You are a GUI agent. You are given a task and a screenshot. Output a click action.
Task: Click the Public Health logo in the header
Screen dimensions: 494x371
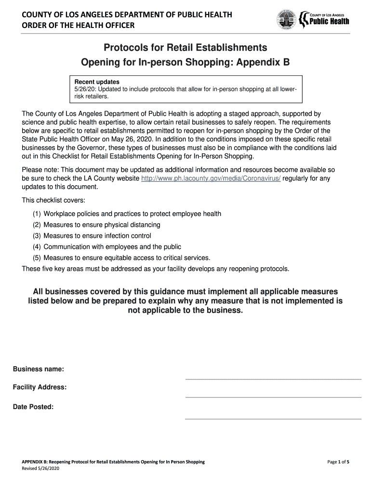324,19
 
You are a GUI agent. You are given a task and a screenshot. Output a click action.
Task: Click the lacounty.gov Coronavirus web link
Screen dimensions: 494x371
211,178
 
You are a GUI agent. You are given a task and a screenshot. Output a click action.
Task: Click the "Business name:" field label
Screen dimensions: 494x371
38,369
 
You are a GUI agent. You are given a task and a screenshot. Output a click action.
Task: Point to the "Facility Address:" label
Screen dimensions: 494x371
40,387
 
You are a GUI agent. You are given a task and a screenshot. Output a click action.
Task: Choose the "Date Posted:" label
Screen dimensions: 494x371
33,407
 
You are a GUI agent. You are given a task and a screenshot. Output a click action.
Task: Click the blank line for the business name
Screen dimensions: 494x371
273,379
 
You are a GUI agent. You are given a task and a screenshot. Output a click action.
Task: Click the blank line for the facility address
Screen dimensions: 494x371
273,397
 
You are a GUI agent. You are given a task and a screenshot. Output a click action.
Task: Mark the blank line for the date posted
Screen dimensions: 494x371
273,418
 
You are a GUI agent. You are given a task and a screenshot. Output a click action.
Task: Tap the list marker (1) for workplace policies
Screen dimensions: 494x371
37,214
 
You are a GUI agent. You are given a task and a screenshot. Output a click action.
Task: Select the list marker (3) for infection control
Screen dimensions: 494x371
37,236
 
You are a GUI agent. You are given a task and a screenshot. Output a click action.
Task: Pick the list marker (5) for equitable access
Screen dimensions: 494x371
37,258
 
